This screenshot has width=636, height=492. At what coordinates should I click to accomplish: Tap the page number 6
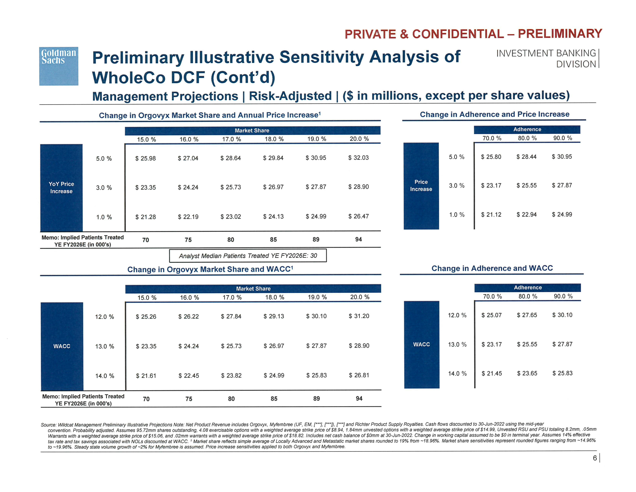point(595,458)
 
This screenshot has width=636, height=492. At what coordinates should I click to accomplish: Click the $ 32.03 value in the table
point(358,158)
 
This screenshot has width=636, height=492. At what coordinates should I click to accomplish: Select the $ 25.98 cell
point(145,158)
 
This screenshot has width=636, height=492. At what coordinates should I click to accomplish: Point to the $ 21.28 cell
point(145,217)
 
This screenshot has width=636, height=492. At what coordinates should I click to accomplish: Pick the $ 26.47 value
point(358,216)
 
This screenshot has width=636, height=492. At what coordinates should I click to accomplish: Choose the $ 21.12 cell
point(491,215)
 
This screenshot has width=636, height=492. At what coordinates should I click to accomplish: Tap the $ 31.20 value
point(359,316)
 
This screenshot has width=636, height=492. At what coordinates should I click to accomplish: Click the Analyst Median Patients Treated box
point(248,256)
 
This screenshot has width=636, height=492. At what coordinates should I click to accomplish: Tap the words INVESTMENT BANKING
point(546,53)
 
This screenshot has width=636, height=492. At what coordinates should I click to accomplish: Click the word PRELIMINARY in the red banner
point(560,34)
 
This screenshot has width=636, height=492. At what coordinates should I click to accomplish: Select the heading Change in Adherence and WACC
point(492,268)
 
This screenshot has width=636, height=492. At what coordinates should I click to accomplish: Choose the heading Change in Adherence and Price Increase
point(495,114)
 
